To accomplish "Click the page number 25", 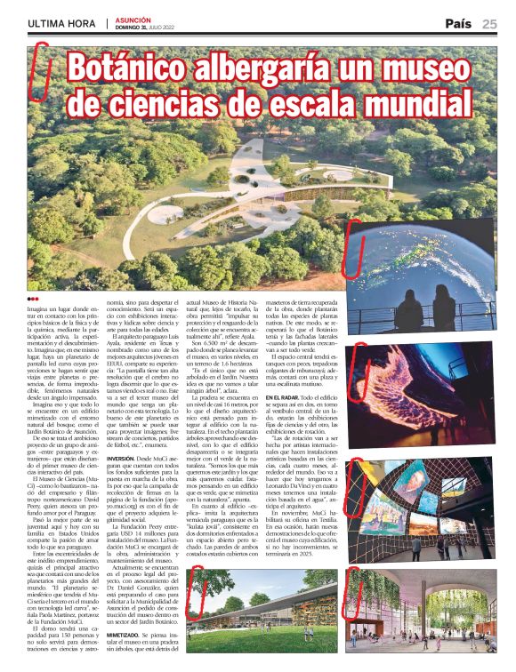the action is click(x=489, y=24).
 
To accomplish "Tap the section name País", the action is click(x=458, y=24).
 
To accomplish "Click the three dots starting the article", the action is click(x=34, y=299).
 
